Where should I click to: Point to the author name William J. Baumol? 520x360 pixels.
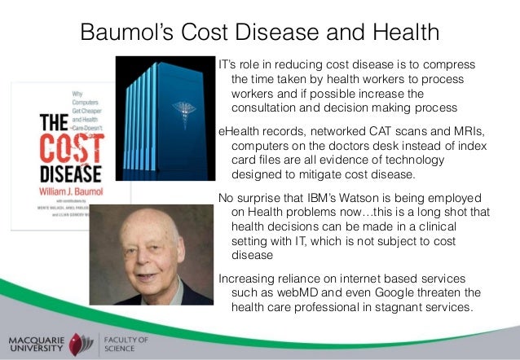click(x=71, y=188)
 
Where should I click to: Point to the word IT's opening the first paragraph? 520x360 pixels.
click(x=227, y=64)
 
